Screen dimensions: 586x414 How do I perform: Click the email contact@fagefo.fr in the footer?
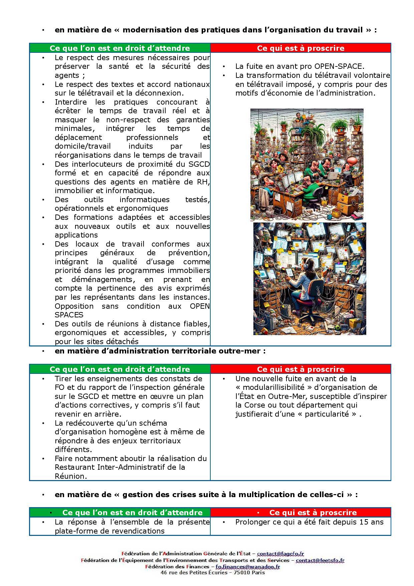[280, 554]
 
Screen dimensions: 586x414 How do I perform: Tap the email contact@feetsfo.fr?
[320, 560]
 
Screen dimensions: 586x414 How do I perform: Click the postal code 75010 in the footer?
[241, 573]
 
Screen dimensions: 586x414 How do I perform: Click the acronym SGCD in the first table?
[198, 164]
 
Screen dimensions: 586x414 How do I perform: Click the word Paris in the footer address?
[258, 573]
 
